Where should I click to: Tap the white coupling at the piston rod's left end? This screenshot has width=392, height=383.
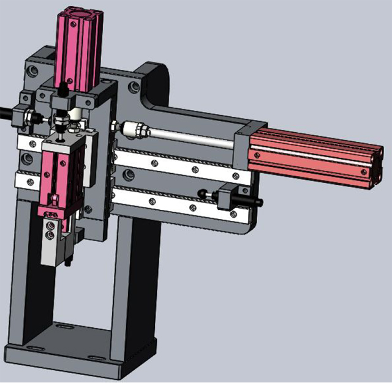(x=134, y=129)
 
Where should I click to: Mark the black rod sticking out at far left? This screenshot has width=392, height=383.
(x=6, y=113)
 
